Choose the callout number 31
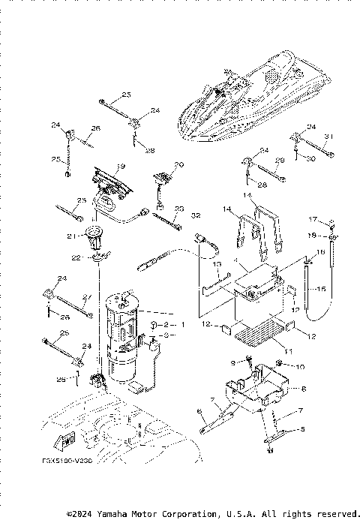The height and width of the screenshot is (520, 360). [x=328, y=136]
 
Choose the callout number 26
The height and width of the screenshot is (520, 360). [x=96, y=128]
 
